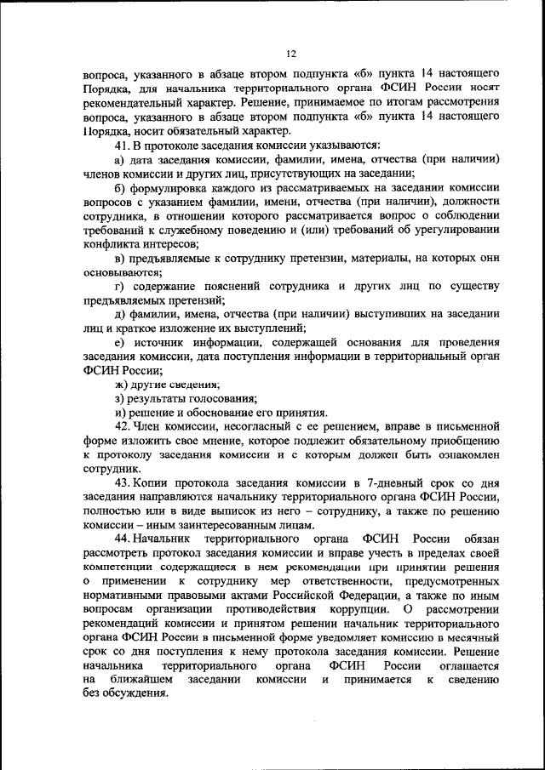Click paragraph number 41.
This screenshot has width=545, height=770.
coord(121,146)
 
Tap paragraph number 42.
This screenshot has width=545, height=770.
coord(121,423)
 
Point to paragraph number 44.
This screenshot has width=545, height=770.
coord(121,540)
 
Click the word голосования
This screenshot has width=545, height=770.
coord(225,396)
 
